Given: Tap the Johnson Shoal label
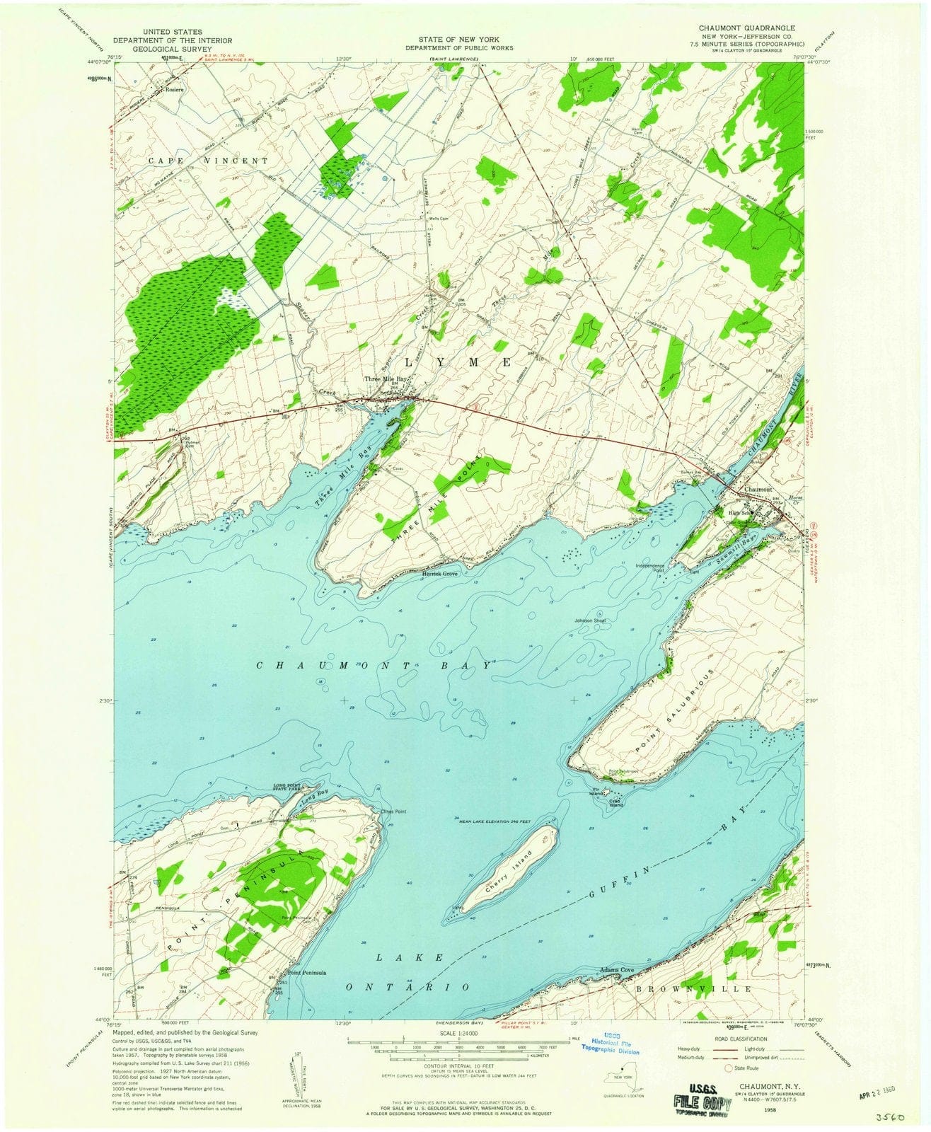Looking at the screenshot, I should coord(591,620).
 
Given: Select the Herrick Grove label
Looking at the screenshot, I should coord(441,574).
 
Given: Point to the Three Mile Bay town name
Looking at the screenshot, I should coord(386,380).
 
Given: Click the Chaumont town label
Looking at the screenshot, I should coord(756,489).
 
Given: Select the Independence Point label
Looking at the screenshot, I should coord(650,567).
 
